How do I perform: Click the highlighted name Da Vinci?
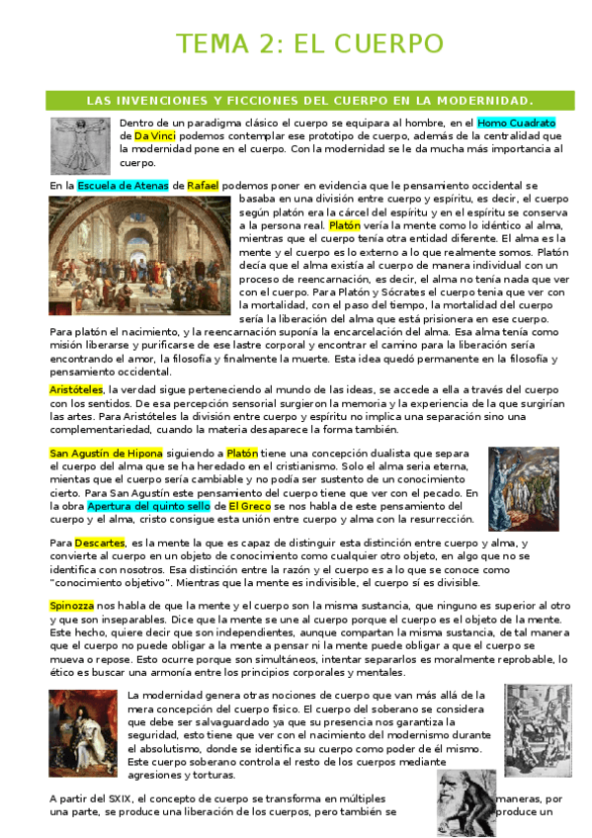tap(155, 135)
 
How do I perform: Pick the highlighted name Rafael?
tap(203, 185)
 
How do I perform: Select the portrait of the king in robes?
tap(82, 727)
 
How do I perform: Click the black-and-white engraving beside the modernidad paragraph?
tap(532, 729)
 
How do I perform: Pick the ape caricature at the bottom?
tap(466, 802)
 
